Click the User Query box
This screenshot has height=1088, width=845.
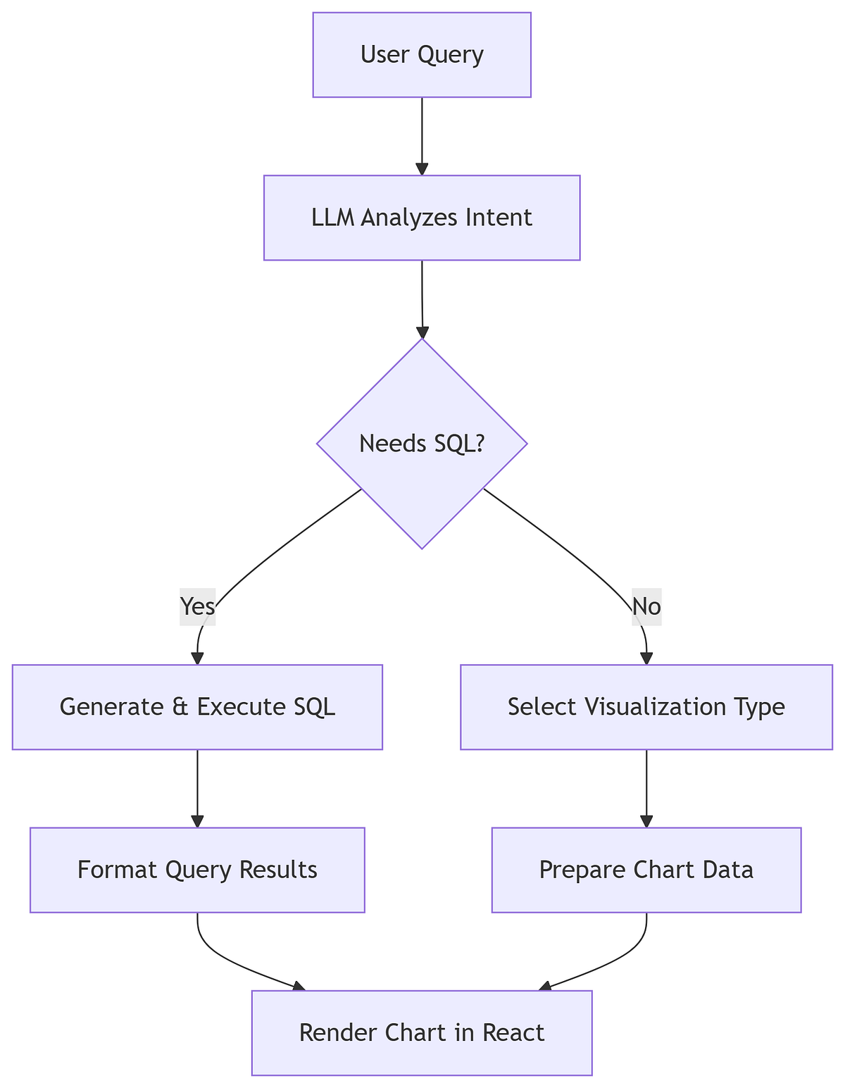pos(421,55)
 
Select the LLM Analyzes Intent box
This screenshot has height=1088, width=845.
pos(421,218)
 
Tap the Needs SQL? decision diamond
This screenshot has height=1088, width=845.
pos(421,444)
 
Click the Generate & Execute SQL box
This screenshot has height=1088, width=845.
pos(197,706)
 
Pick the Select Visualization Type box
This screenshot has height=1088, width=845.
pos(646,706)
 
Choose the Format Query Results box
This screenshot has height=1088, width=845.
pos(197,870)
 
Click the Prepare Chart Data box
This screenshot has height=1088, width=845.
pos(646,870)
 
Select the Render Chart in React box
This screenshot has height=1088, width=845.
pos(421,1032)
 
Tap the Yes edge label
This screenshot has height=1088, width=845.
pos(197,606)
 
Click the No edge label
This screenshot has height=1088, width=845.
pos(646,606)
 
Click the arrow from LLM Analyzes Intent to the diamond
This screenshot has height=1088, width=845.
pos(421,299)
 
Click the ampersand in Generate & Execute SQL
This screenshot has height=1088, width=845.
pos(181,706)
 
